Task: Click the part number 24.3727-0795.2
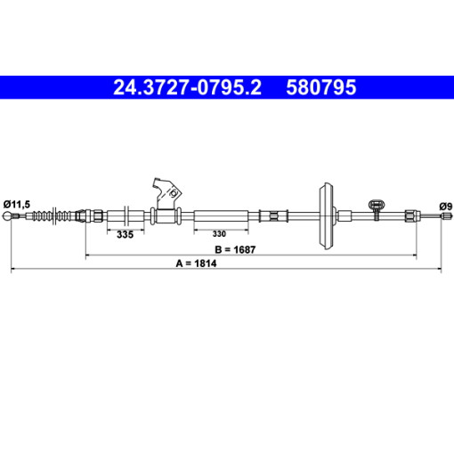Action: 187,87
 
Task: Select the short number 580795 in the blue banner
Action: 321,87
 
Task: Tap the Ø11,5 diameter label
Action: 17,204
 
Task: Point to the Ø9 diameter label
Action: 446,207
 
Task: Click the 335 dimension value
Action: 125,234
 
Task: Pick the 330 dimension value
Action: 219,234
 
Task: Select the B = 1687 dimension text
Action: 235,249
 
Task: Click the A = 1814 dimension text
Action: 196,263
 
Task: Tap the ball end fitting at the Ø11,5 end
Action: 7,216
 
